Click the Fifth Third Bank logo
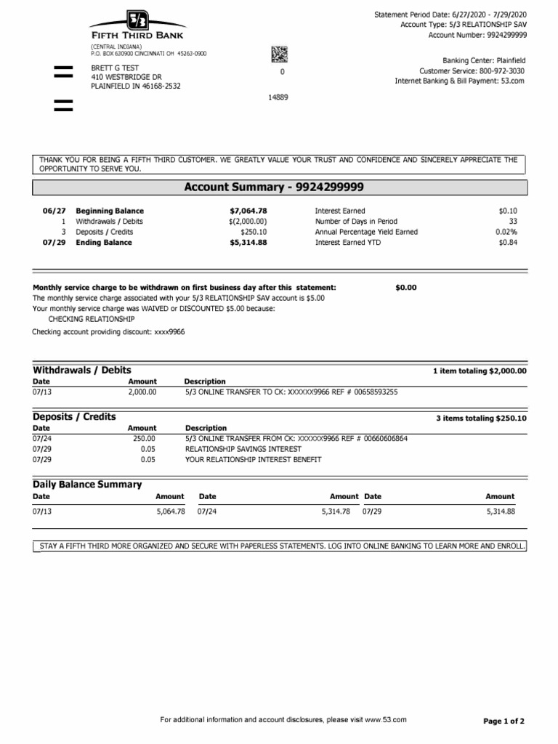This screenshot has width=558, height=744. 137,25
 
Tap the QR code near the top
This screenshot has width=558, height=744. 280,54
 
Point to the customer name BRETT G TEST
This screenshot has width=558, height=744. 114,68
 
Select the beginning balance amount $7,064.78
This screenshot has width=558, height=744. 248,211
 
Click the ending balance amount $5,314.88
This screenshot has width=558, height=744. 248,243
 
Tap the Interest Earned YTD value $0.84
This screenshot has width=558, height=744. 508,243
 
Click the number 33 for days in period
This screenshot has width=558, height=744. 512,221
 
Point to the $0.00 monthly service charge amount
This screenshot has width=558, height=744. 405,288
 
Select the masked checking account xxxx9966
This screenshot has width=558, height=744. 169,331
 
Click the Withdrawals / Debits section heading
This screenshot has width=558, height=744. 82,370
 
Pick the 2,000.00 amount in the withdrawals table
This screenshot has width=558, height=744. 142,392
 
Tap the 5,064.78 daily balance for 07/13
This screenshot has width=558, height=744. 171,511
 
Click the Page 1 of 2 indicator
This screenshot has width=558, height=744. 504,721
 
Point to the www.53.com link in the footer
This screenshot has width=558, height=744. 385,719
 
